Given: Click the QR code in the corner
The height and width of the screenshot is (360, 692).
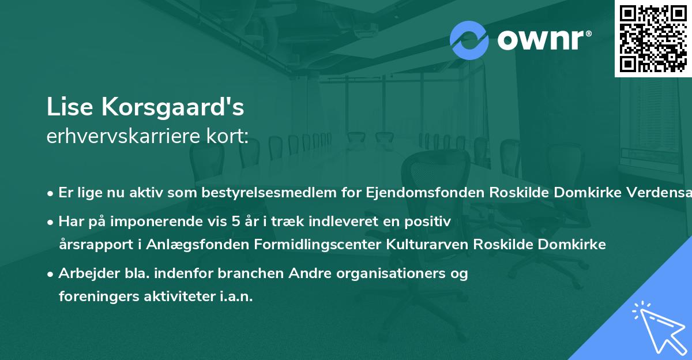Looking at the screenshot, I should point(653,38).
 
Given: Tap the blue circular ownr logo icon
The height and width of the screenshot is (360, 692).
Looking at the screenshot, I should point(469,40).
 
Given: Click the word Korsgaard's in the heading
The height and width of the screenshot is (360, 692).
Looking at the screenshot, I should point(171,107).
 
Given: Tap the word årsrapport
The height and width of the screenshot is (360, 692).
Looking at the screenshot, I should point(92,244).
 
